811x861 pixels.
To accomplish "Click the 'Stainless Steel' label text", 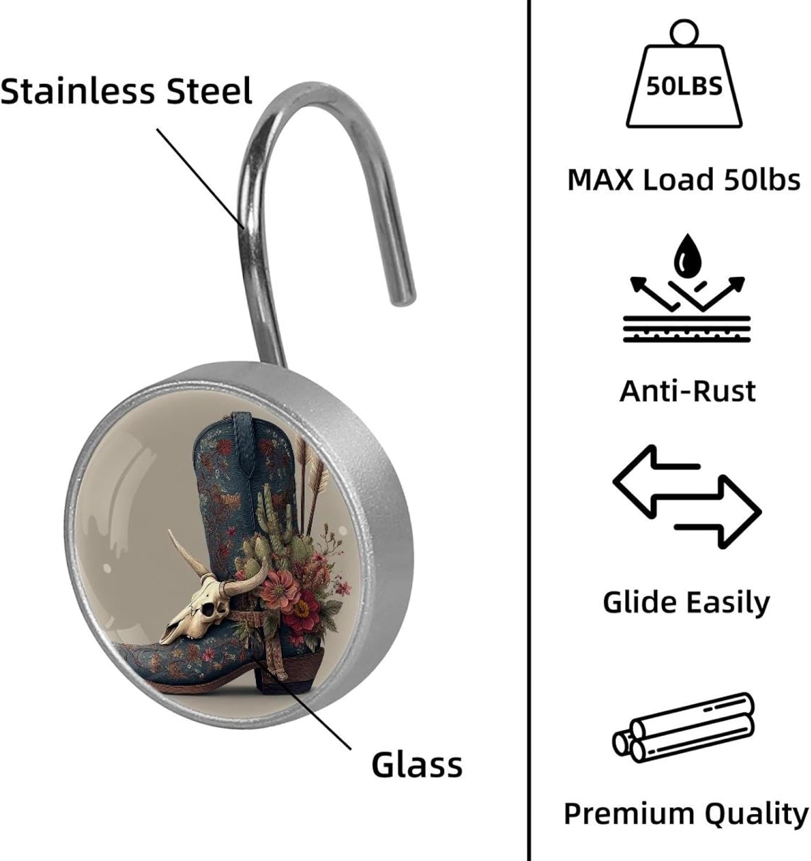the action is coord(126,91).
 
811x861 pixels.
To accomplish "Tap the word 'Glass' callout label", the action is coord(417,765).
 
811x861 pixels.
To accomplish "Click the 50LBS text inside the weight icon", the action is coord(684,87).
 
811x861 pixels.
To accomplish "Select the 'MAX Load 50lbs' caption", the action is coord(684,180).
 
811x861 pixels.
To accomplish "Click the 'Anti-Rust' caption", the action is coord(688,391).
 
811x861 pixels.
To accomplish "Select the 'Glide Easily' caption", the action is coord(686,602).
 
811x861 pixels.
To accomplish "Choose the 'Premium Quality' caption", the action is coord(686,813).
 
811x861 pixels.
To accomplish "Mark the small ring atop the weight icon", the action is coord(684,30).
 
